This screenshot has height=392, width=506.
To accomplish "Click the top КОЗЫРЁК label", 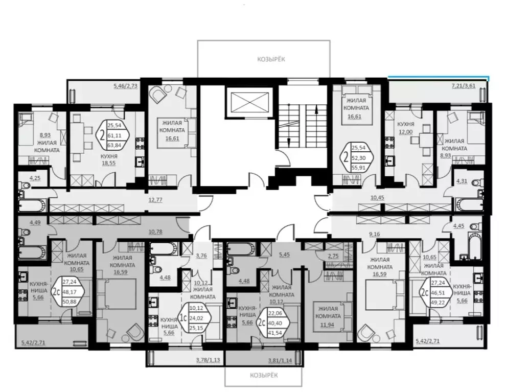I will coord(271,59).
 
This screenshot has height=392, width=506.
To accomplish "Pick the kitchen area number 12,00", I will coord(407,131).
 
